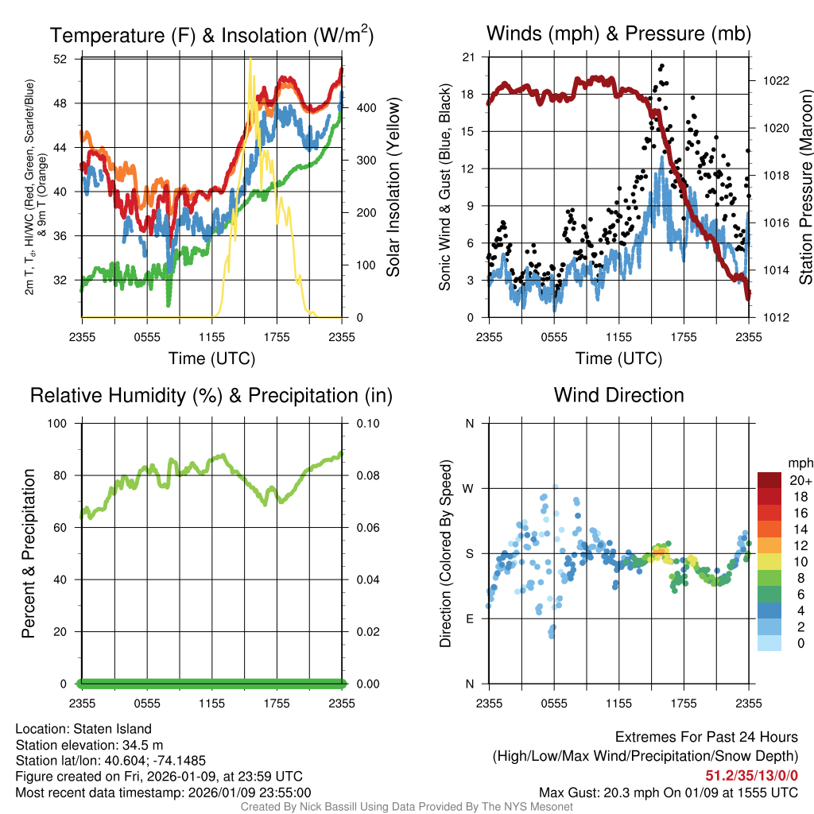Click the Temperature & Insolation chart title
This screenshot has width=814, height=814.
coord(211,35)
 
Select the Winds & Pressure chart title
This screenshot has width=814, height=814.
coord(618,33)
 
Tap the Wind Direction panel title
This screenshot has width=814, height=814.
coord(618,395)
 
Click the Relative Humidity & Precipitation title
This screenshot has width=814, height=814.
coord(211,395)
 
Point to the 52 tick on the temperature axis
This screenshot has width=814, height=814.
coord(71,59)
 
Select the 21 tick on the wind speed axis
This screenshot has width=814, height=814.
coord(468,57)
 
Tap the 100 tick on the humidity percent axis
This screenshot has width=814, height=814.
coord(66,423)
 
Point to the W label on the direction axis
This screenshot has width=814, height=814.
coord(469,488)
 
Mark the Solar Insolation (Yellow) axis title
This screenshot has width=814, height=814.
coord(393,187)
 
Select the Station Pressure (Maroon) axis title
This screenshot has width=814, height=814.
coord(805,187)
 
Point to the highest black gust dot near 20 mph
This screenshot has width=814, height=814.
coord(661,66)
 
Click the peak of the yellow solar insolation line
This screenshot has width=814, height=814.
coord(250,60)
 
